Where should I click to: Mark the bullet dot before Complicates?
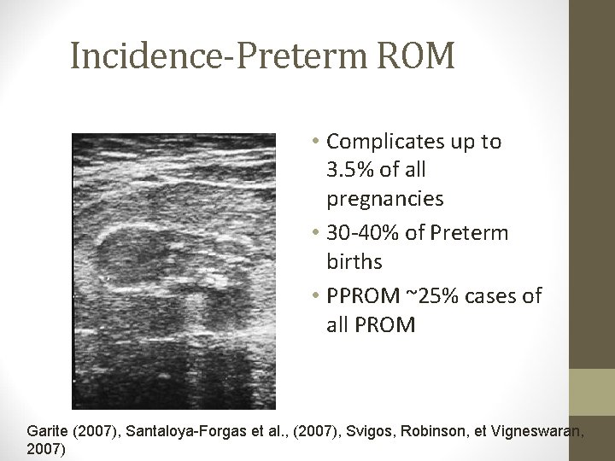(x=317, y=143)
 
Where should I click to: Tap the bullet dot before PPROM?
(x=317, y=297)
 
